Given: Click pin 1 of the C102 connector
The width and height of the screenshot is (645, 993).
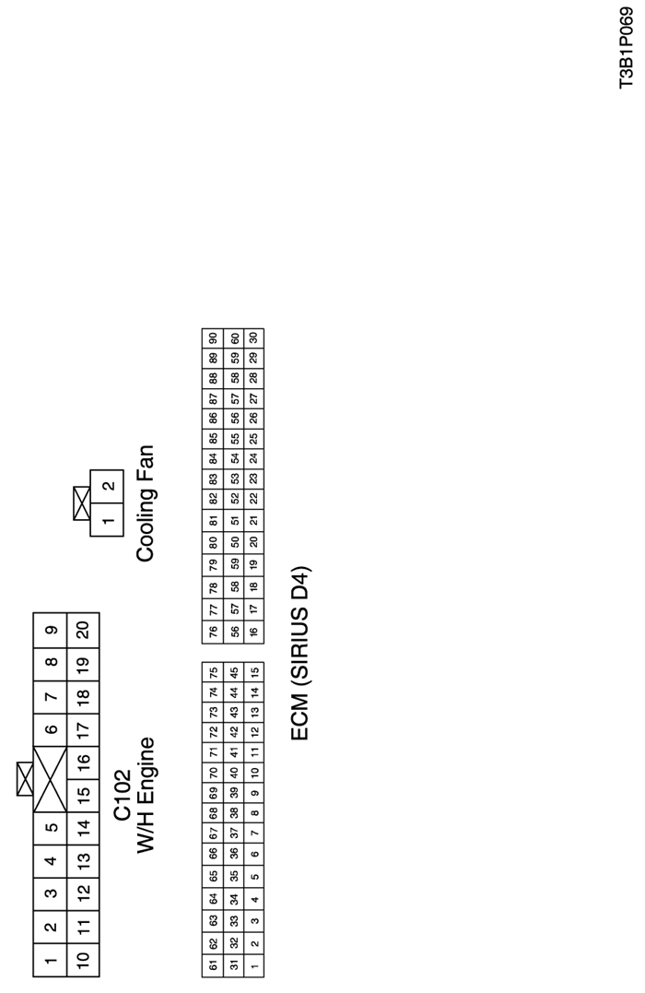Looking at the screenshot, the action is tap(50, 961).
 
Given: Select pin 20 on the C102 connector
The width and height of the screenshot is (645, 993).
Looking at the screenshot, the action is tap(83, 629).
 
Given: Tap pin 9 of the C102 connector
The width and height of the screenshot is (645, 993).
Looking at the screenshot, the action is tap(50, 629).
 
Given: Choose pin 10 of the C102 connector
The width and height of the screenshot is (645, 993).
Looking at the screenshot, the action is tap(83, 961).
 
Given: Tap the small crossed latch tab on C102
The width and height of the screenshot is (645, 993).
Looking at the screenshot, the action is tap(25, 778).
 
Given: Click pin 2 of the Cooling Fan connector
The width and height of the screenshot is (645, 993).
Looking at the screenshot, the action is tap(107, 486).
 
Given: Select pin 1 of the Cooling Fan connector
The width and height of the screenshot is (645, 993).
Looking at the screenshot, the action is tap(107, 520).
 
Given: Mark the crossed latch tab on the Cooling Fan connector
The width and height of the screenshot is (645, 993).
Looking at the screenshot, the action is tap(82, 502).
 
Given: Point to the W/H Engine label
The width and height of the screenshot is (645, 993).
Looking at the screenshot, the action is tap(147, 795).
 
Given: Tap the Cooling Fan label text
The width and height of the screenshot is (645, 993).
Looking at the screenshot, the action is tap(146, 503).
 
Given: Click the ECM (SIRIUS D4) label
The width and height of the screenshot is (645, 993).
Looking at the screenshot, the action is tap(300, 653).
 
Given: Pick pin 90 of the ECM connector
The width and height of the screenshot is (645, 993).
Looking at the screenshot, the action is tap(213, 338).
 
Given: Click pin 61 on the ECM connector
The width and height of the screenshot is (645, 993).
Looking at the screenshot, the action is tap(213, 965).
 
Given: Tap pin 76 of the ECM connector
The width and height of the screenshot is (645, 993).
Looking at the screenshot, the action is tap(213, 632).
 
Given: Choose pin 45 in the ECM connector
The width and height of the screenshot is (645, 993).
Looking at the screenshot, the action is tap(233, 671).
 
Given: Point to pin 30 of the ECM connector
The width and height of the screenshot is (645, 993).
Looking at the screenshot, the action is tap(253, 338).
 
